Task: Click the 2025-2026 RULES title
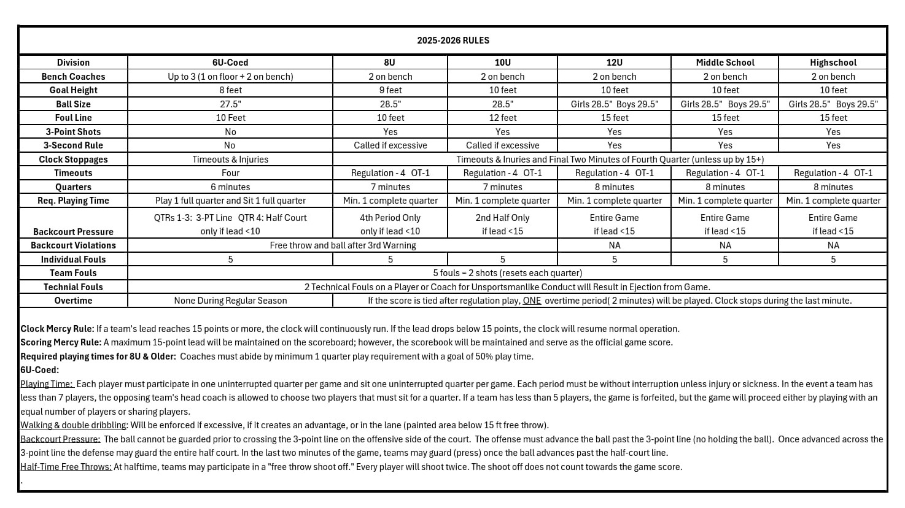(453, 40)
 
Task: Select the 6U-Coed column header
(230, 63)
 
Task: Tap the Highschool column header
(833, 63)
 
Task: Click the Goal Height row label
(73, 90)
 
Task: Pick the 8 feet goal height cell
(230, 90)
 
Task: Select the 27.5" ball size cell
(230, 104)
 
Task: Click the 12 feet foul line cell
(502, 118)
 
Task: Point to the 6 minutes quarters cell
(230, 187)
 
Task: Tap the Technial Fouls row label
(73, 287)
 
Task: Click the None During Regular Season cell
(230, 301)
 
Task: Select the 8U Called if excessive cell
(390, 145)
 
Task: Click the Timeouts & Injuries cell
(230, 160)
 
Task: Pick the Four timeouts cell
(230, 173)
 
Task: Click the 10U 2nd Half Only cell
(502, 218)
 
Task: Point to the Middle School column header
(725, 63)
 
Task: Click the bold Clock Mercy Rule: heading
(57, 329)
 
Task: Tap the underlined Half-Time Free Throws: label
(66, 467)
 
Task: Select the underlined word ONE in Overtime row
(532, 301)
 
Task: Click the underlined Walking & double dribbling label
(73, 425)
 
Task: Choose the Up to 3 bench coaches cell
(230, 77)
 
